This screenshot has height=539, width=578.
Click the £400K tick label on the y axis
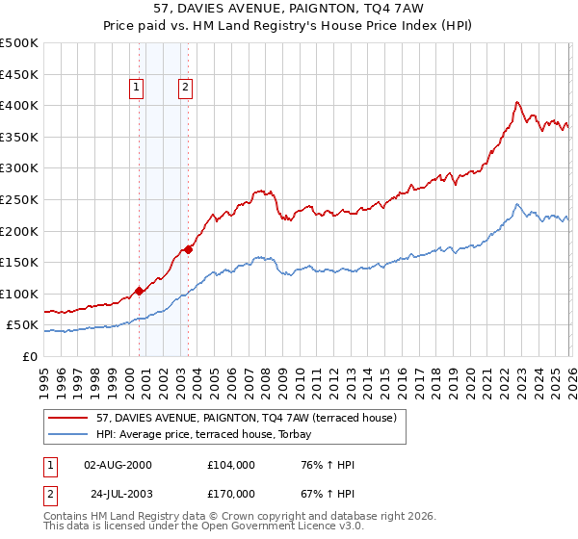[19, 106]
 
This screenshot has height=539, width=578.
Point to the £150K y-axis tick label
[19, 262]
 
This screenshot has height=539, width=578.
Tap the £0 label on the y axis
[29, 356]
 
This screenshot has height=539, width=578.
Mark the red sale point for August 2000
[139, 291]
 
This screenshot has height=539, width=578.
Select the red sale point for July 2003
[189, 249]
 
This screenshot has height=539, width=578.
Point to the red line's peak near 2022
[517, 102]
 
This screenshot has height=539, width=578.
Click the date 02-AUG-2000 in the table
[118, 465]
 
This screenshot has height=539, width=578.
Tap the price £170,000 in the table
[231, 493]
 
